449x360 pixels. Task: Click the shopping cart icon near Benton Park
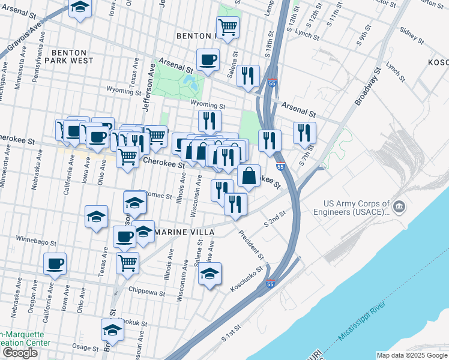(x=228, y=27)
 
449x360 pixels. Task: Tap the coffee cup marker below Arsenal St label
(x=208, y=60)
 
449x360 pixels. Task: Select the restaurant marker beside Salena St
(x=247, y=76)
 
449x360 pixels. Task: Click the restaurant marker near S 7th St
(x=304, y=133)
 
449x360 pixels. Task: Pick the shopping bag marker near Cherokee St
(x=249, y=176)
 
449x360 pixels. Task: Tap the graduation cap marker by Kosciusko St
(x=209, y=274)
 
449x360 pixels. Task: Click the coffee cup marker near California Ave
(x=55, y=263)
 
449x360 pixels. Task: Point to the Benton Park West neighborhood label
(x=72, y=56)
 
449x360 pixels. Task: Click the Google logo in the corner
(x=20, y=353)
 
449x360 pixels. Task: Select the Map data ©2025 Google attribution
(x=411, y=355)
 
